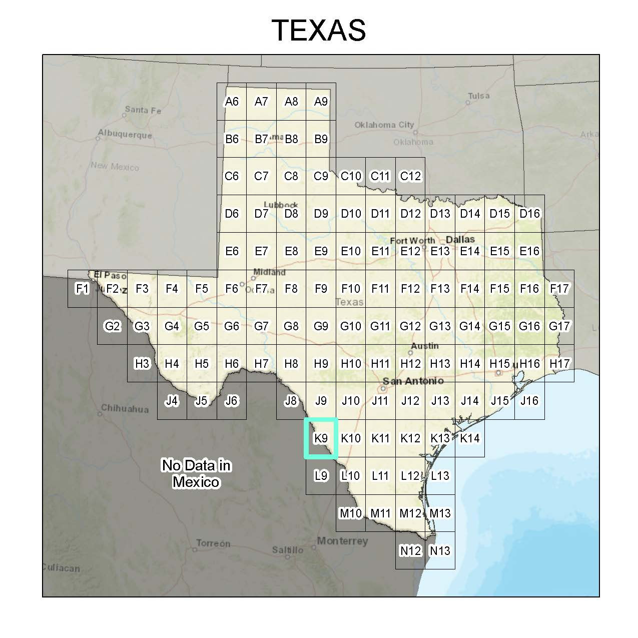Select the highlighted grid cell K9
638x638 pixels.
[321, 438]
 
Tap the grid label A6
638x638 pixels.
[232, 102]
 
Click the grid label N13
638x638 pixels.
[440, 551]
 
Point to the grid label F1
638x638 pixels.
[82, 289]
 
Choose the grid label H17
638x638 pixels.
[559, 364]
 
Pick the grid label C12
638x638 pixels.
[410, 176]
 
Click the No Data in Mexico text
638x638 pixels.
[196, 473]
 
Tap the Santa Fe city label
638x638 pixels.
[143, 110]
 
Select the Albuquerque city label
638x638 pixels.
[125, 134]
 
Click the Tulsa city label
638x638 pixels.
[479, 96]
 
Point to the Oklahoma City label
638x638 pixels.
[384, 125]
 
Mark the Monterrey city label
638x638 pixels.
[342, 541]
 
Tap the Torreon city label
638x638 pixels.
[213, 543]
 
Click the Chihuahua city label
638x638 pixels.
[125, 408]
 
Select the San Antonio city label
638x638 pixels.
[413, 381]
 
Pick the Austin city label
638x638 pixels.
[424, 346]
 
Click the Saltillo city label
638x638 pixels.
[288, 550]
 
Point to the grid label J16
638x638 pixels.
[529, 401]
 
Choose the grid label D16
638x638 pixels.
[529, 214]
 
